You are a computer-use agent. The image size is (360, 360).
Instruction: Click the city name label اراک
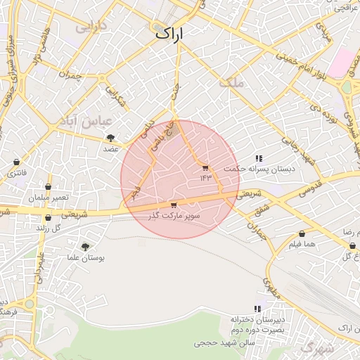[x=169, y=32]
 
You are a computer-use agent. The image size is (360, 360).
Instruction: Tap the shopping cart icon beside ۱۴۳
[x=205, y=168]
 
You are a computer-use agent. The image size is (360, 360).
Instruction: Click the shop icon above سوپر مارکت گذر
[x=174, y=205]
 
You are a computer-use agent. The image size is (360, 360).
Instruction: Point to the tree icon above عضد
[x=110, y=138]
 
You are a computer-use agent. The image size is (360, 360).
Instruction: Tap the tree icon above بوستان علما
[x=85, y=247]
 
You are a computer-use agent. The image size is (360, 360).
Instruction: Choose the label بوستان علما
[x=88, y=258]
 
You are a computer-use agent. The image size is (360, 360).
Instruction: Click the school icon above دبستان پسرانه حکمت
[x=259, y=158]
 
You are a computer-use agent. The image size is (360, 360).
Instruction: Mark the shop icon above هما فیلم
[x=302, y=233]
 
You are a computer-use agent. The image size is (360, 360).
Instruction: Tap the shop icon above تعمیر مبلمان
[x=48, y=187]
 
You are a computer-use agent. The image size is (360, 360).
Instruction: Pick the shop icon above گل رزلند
[x=47, y=218]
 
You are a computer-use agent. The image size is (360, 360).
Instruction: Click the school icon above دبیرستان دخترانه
[x=258, y=308]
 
